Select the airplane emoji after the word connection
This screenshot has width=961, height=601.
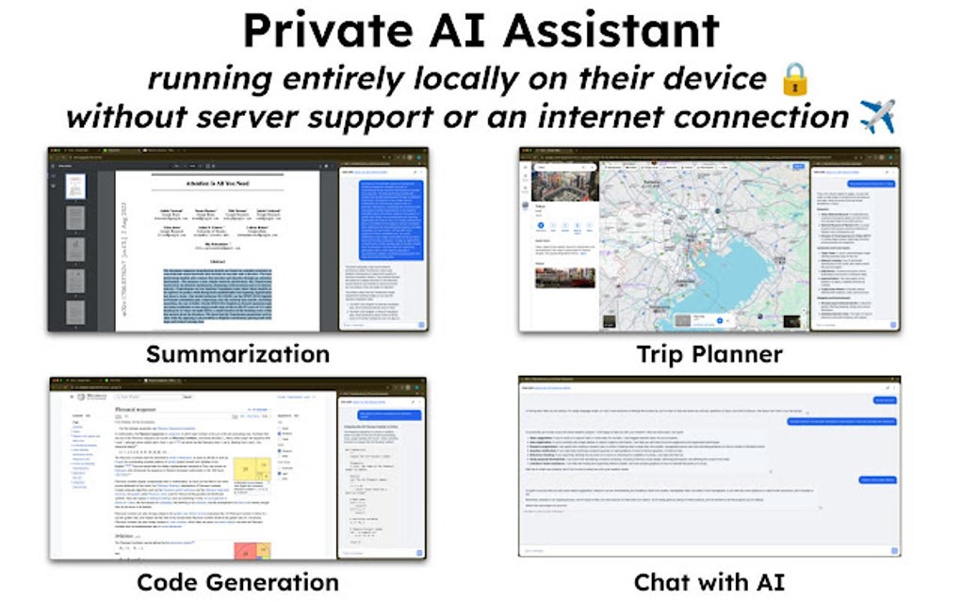click(x=877, y=117)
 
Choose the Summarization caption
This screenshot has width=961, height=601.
click(x=237, y=354)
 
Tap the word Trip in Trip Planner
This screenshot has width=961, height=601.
click(x=665, y=354)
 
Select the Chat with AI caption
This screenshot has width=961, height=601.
click(x=709, y=581)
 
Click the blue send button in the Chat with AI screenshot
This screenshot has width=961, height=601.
click(x=890, y=549)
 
